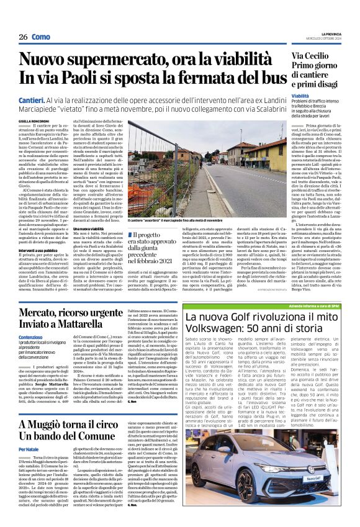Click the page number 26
click(x=23, y=37)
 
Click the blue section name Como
click(x=41, y=37)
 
